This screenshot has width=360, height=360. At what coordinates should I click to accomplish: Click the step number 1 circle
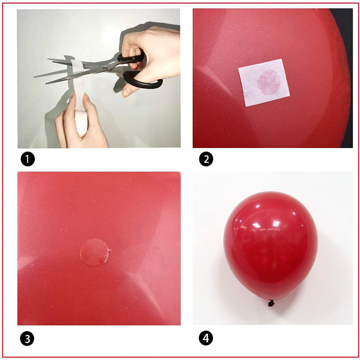[27, 159]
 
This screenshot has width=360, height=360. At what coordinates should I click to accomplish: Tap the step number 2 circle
[206, 159]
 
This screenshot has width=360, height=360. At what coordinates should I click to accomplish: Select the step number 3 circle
[27, 339]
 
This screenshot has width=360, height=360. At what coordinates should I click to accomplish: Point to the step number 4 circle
[206, 338]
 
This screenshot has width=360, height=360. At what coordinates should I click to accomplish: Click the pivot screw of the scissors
[105, 67]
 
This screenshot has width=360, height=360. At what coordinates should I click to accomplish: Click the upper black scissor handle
[131, 58]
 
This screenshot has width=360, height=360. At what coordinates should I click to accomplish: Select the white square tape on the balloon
[264, 82]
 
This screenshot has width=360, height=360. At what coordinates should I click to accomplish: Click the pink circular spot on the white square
[269, 82]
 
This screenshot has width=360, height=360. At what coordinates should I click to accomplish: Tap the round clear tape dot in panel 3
[94, 252]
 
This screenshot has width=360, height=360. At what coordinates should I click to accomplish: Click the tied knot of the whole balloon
[271, 303]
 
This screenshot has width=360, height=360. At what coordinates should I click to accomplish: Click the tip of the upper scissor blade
[48, 59]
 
